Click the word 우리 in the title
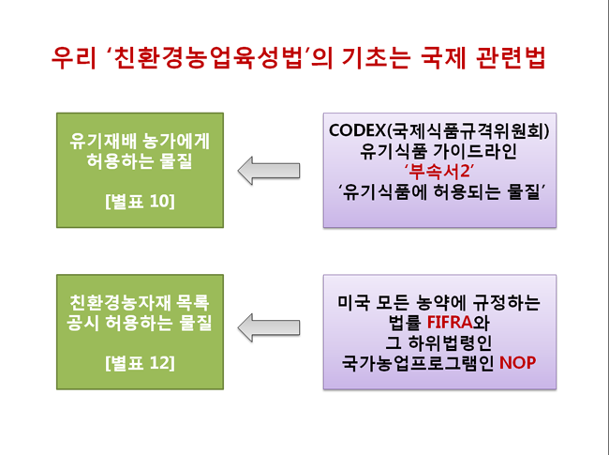click(73, 58)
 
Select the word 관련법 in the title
click(511, 58)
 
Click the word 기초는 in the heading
click(376, 58)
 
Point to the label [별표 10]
click(140, 201)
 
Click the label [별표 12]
click(140, 363)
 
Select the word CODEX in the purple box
click(357, 130)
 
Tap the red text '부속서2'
click(439, 171)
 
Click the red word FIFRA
click(450, 322)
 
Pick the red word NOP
click(517, 362)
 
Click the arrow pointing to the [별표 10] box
click(269, 171)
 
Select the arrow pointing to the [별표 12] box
click(269, 327)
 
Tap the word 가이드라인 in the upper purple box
click(478, 151)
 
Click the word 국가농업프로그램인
click(418, 362)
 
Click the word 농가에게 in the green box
click(176, 141)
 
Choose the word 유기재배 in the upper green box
click(103, 141)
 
